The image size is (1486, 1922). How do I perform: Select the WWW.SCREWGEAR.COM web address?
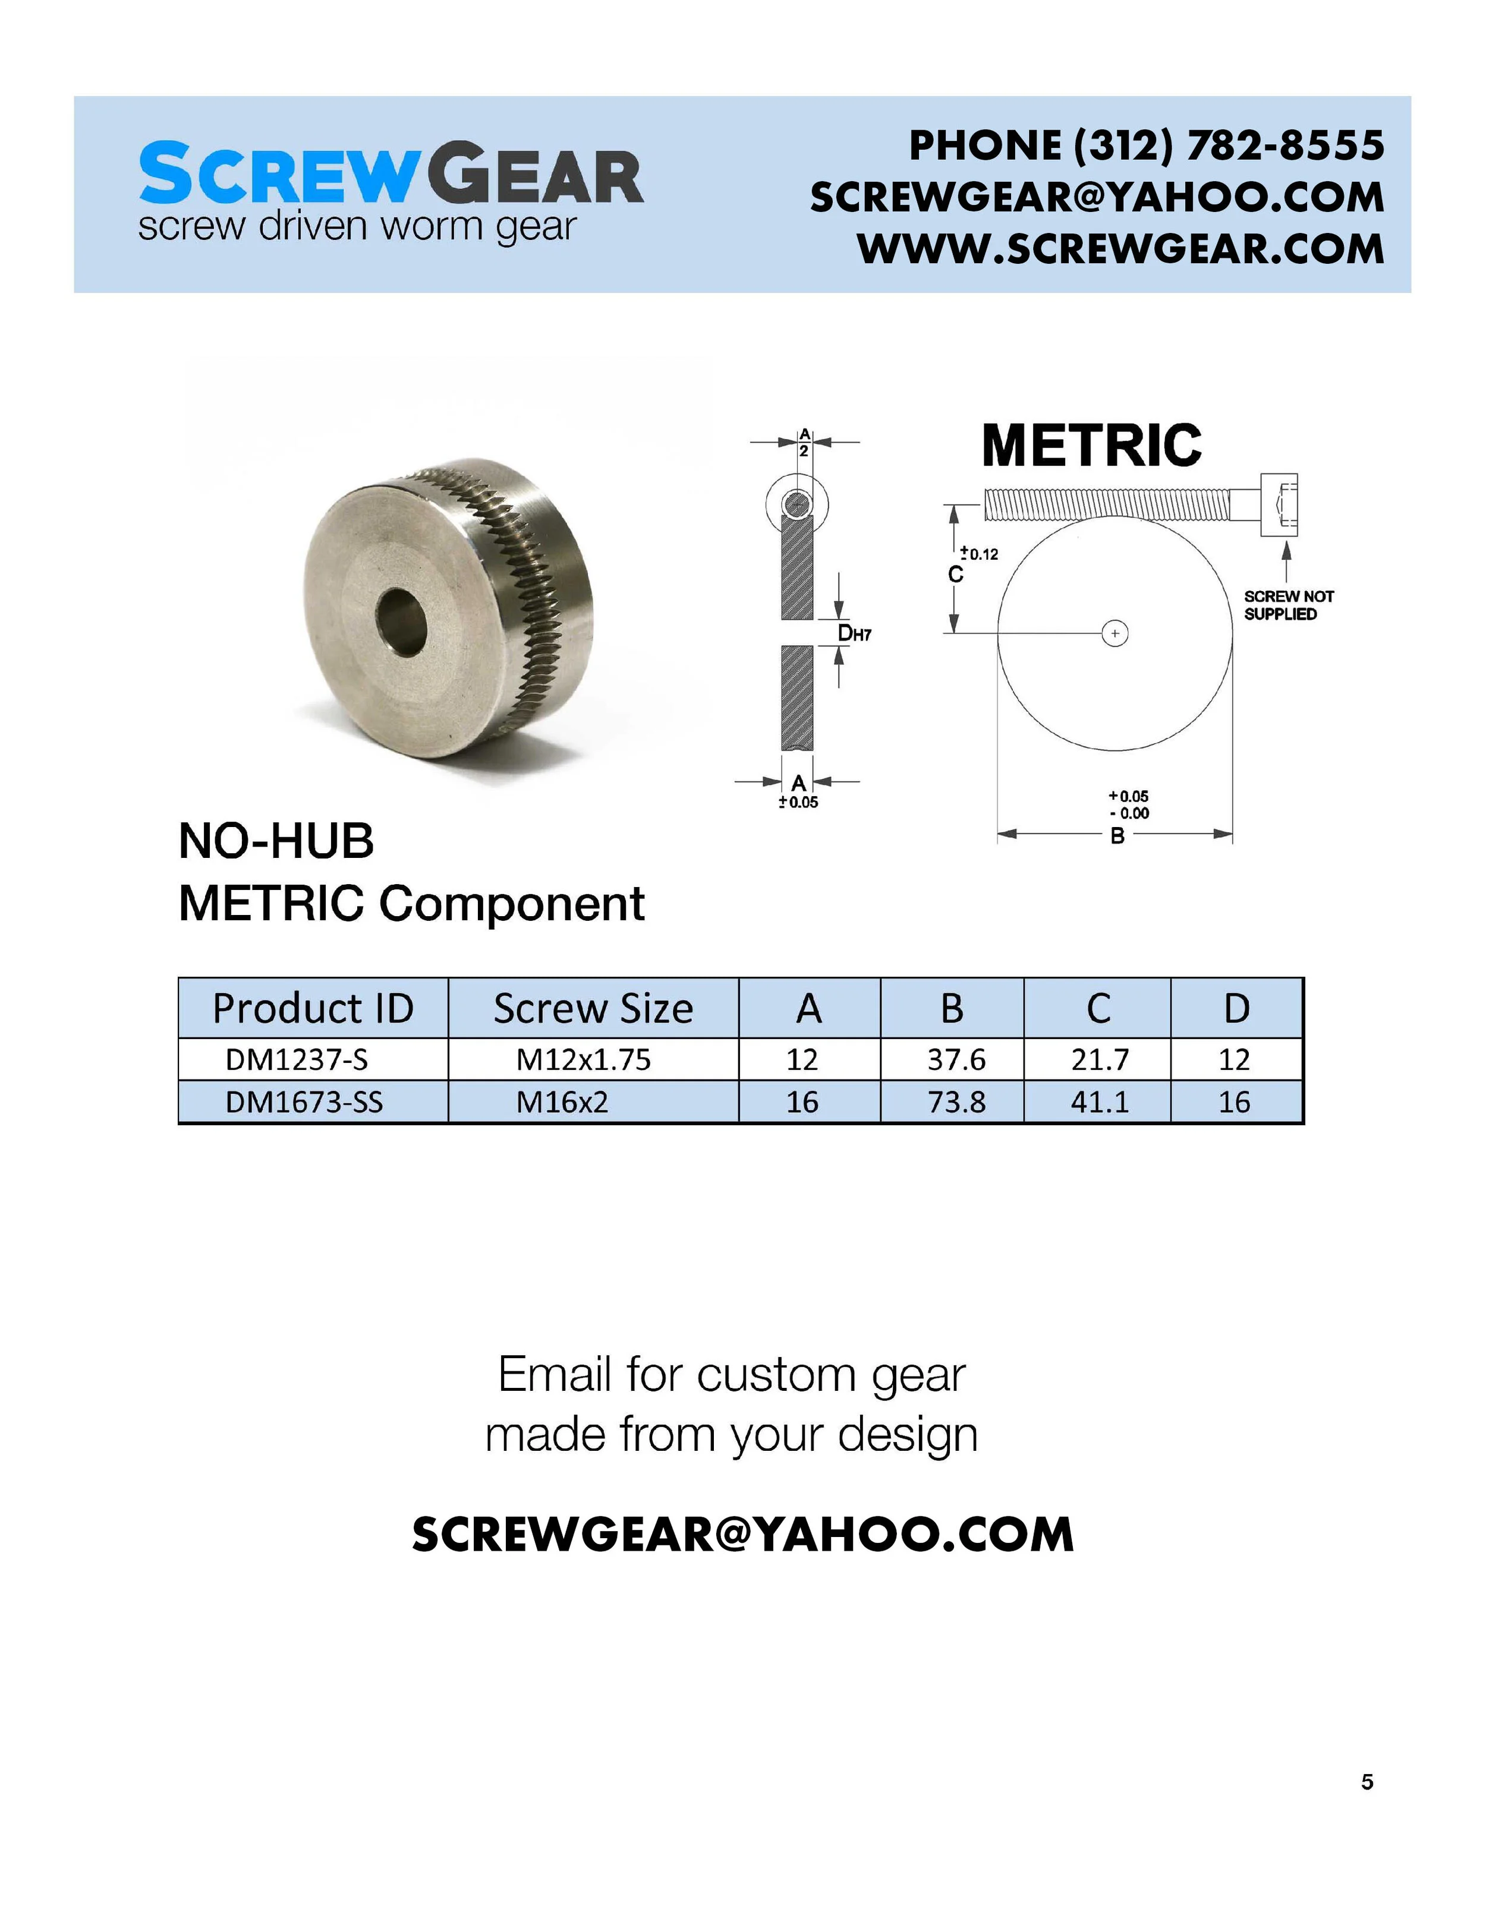[x=1120, y=248]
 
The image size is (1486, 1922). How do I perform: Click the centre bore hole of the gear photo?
[x=401, y=622]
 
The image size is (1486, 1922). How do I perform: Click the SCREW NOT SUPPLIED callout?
[x=1288, y=605]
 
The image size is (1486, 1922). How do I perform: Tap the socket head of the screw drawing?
[x=1278, y=504]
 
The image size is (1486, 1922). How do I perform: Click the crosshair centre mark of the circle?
[x=1115, y=633]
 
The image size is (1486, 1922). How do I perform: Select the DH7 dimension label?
[x=854, y=633]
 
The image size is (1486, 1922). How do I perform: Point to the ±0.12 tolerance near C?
[x=979, y=554]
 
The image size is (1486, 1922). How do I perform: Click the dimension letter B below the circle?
[x=1117, y=836]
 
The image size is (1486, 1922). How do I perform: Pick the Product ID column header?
[x=313, y=1008]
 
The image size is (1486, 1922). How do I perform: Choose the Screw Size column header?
[x=593, y=1008]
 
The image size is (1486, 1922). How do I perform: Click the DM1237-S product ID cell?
[x=297, y=1059]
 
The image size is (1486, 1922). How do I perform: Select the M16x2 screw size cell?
[x=562, y=1102]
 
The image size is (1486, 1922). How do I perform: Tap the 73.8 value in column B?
[x=956, y=1102]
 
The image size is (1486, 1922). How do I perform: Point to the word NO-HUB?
[x=276, y=841]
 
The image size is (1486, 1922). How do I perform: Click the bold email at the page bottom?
[x=742, y=1536]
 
